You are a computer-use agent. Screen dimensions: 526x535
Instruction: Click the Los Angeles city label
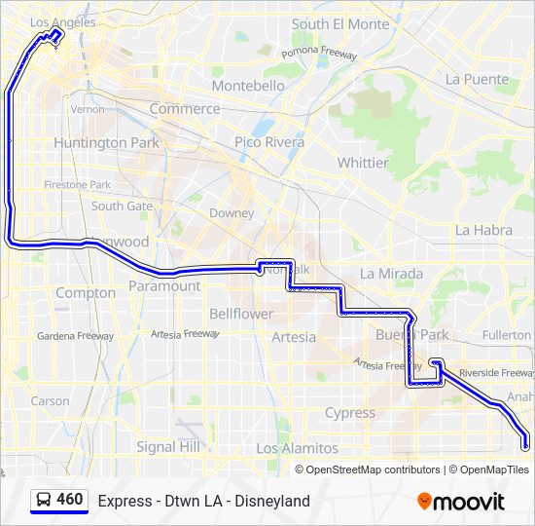point(63,21)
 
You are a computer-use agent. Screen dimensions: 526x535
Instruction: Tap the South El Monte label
point(339,23)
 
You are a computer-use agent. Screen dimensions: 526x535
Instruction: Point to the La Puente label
point(477,79)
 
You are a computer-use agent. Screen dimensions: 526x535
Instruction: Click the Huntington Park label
point(104,142)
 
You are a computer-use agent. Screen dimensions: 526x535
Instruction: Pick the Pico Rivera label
point(269,142)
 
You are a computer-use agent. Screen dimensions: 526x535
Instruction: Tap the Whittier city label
point(363,163)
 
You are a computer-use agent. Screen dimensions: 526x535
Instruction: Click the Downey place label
point(232,213)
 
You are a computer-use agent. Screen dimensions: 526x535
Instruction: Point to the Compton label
point(86,293)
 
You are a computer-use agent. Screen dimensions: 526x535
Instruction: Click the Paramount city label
point(164,286)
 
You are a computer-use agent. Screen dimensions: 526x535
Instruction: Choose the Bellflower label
point(241,314)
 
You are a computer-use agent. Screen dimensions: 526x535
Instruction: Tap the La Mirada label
point(391,274)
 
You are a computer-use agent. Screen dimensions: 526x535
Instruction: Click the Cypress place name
point(350,413)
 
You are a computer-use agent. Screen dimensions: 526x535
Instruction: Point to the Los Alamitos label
point(297,448)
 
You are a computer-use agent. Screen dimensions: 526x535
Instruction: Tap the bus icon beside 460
point(44,501)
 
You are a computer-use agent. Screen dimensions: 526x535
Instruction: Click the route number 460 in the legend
point(70,500)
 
